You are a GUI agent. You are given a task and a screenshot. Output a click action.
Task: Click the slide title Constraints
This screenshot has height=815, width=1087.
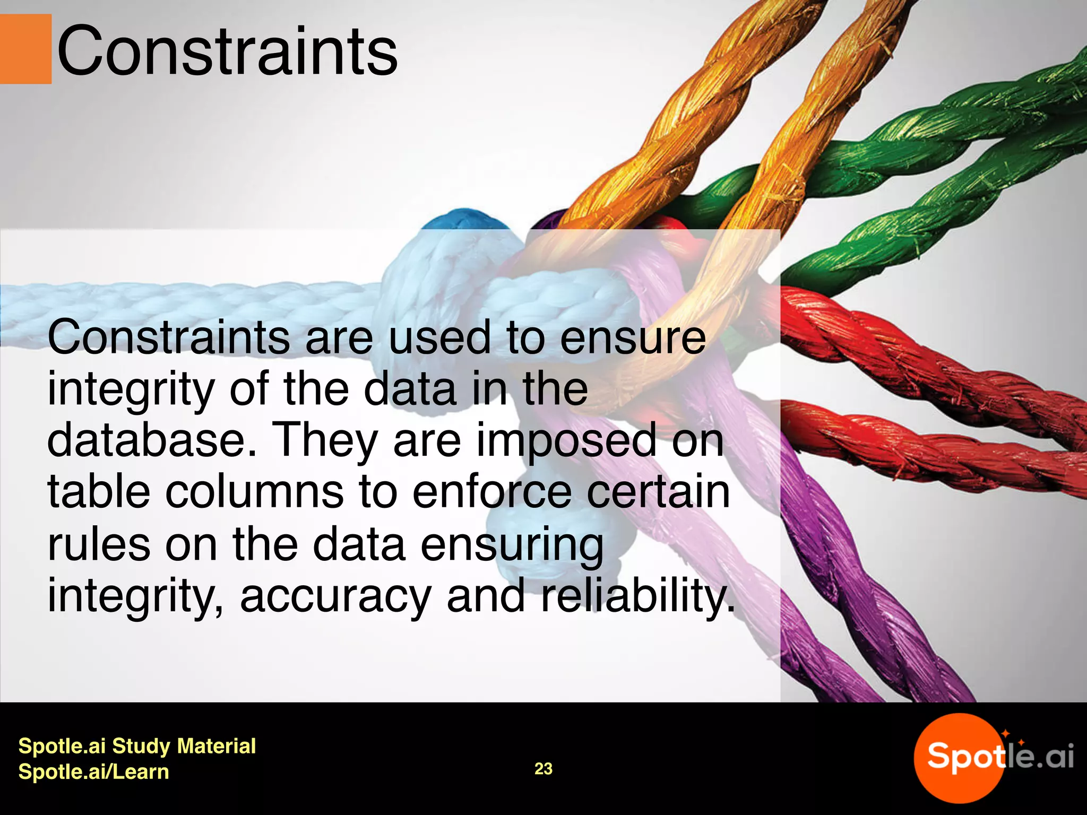tap(227, 52)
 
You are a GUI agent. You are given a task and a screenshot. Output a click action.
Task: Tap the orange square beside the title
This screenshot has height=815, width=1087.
tap(25, 49)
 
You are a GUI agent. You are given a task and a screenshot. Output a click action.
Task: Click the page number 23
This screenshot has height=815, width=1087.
tap(543, 769)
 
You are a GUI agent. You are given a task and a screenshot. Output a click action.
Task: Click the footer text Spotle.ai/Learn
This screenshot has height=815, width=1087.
tap(93, 771)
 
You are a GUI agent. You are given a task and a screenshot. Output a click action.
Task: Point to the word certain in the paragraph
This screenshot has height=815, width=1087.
tap(658, 492)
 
